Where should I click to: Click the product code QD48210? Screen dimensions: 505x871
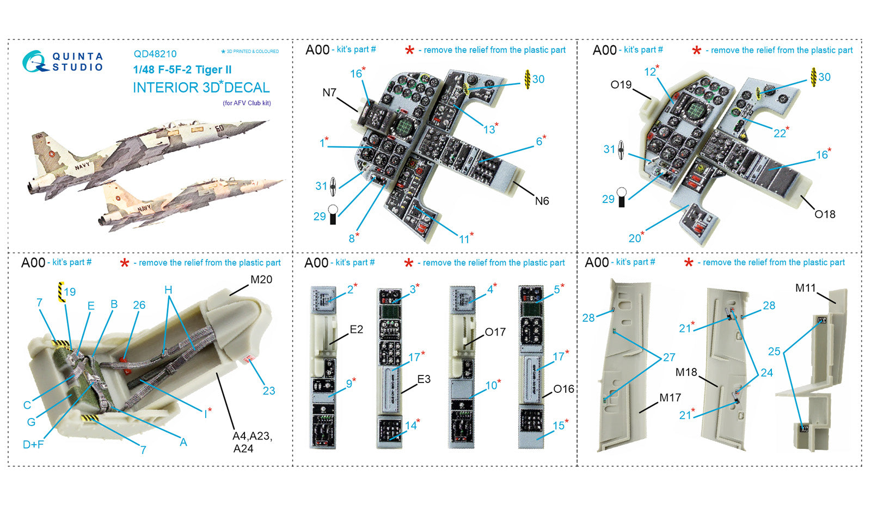pos(155,54)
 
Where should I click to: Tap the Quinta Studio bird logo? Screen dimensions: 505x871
pos(35,61)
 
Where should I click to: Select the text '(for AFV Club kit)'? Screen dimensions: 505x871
pos(247,103)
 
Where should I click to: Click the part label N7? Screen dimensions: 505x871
pos(329,93)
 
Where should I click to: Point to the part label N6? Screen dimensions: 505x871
pos(542,201)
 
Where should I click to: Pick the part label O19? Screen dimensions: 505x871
pos(621,85)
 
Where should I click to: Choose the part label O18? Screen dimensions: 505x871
pos(825,214)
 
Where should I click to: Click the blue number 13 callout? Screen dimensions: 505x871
pos(489,130)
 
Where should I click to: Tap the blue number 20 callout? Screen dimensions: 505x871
pos(635,238)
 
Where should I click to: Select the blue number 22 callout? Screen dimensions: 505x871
pos(780,133)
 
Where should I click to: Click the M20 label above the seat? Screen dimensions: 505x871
pos(261,280)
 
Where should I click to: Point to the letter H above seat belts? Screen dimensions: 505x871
pos(168,290)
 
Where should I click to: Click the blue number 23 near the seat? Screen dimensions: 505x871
pos(269,391)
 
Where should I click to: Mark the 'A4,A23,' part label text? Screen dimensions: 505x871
pos(252,436)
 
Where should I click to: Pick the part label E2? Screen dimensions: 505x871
pos(356,329)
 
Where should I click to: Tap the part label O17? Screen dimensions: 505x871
pos(495,332)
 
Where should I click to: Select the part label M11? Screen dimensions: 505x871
pos(805,288)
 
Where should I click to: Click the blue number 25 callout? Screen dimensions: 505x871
pos(774,352)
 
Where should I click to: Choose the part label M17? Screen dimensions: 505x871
pos(670,398)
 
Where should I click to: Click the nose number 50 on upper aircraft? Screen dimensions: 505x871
pos(219,128)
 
